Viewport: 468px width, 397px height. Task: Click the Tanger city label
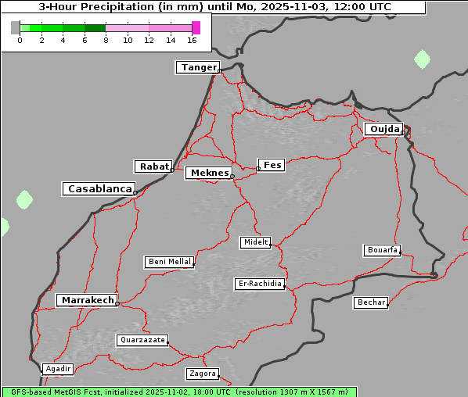pos(197,67)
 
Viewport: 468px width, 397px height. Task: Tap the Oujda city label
pos(383,129)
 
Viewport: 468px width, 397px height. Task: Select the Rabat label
pos(153,166)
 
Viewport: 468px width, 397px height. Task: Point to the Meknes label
pos(208,173)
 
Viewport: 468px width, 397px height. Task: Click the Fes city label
pos(272,165)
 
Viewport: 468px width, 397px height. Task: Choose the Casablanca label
pos(99,189)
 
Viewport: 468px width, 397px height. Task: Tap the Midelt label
pos(255,242)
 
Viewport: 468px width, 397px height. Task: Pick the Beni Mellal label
pos(169,262)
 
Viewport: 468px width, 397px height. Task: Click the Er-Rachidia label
pos(260,284)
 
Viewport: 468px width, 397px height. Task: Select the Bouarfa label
pos(382,250)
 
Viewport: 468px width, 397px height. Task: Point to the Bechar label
pos(370,302)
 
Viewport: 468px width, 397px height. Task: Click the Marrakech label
pos(87,300)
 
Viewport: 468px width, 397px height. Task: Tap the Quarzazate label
pos(142,340)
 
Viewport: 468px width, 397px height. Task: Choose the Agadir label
pos(58,368)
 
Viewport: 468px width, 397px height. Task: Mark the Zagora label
pos(202,374)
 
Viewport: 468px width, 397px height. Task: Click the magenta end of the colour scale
pos(196,27)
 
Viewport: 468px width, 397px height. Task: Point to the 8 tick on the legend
pos(106,39)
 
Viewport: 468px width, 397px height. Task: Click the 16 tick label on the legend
pos(193,39)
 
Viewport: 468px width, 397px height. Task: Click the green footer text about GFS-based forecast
pos(178,392)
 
